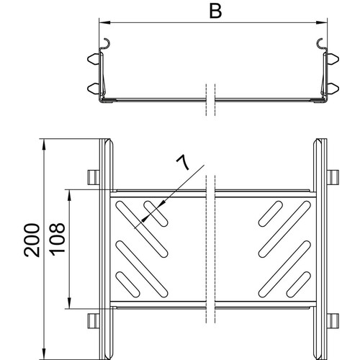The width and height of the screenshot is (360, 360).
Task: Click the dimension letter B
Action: [215, 12]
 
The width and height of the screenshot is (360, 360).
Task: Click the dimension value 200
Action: [32, 240]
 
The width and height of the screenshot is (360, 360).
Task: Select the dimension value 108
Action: [57, 238]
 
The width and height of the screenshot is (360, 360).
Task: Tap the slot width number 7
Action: [183, 162]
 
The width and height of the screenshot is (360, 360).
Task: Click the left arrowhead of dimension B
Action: [104, 23]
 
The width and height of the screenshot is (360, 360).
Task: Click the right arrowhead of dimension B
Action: [322, 23]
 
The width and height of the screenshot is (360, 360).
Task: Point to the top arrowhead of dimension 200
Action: [44, 145]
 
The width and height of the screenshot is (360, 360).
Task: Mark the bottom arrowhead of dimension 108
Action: [69, 302]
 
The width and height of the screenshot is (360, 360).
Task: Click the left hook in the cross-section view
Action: [107, 45]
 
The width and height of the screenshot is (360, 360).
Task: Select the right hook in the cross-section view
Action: [320, 45]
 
